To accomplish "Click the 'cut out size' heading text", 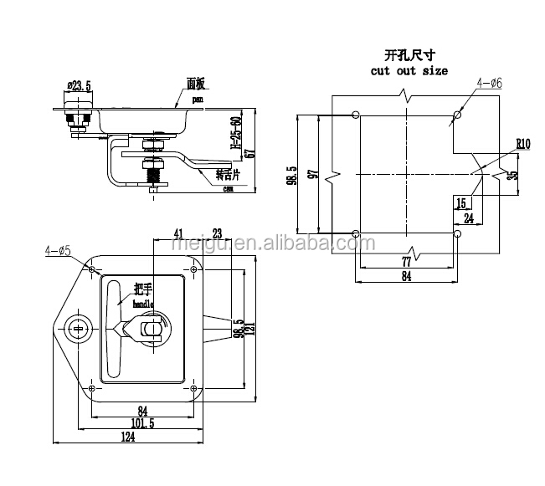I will [x=409, y=71].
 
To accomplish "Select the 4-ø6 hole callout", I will [x=489, y=84].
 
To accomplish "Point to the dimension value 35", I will [x=513, y=175].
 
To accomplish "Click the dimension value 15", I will [x=461, y=202].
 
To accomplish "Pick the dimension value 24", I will [x=470, y=219].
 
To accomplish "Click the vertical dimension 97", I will [x=311, y=176].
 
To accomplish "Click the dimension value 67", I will [x=249, y=151].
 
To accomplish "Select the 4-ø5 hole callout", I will [x=58, y=249].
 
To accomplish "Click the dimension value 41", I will [x=177, y=234].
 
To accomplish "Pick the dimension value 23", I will [x=217, y=234].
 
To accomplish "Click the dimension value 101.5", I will [x=142, y=422].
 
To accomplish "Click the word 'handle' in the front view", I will [x=143, y=306].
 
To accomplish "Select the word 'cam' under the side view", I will [x=227, y=189].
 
